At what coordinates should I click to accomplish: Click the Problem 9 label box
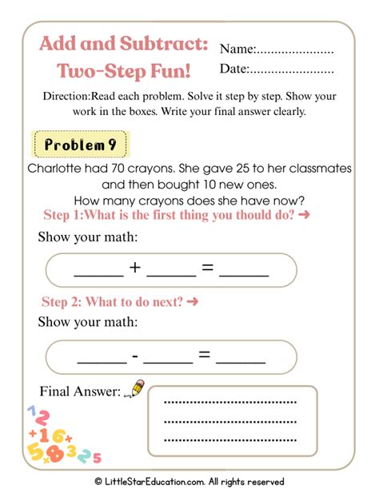(x=79, y=145)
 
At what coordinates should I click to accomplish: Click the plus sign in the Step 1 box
(x=135, y=268)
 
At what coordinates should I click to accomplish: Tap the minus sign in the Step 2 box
(x=135, y=354)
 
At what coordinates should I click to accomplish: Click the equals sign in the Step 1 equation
(x=207, y=268)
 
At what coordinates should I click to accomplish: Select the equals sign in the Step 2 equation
(x=205, y=354)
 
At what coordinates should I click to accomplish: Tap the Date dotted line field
(x=292, y=70)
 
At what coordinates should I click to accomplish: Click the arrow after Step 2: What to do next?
(x=192, y=302)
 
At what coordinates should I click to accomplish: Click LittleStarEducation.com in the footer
(x=159, y=481)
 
